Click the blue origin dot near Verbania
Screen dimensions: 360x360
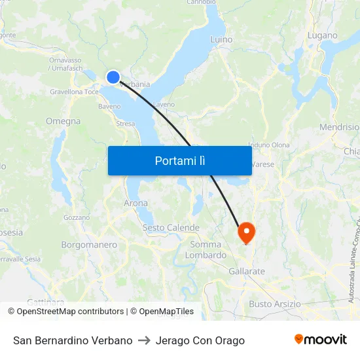[113, 77]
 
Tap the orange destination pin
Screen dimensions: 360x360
[247, 232]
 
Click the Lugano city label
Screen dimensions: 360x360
[322, 35]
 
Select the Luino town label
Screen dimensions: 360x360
[221, 39]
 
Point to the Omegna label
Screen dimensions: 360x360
[63, 121]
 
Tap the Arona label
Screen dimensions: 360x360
[135, 204]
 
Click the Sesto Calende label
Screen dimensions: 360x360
[171, 228]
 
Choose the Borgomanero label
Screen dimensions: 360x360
[89, 245]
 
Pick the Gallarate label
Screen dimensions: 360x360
[247, 271]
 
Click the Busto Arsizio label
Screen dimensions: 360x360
[275, 304]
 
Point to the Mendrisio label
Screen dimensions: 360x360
[339, 127]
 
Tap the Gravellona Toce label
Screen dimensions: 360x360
[75, 92]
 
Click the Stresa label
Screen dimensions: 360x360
[125, 123]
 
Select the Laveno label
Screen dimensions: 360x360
[164, 104]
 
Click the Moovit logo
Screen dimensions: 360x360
[321, 340]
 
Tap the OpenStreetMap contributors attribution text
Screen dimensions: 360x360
[65, 312]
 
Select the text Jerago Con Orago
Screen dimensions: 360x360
[200, 340]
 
